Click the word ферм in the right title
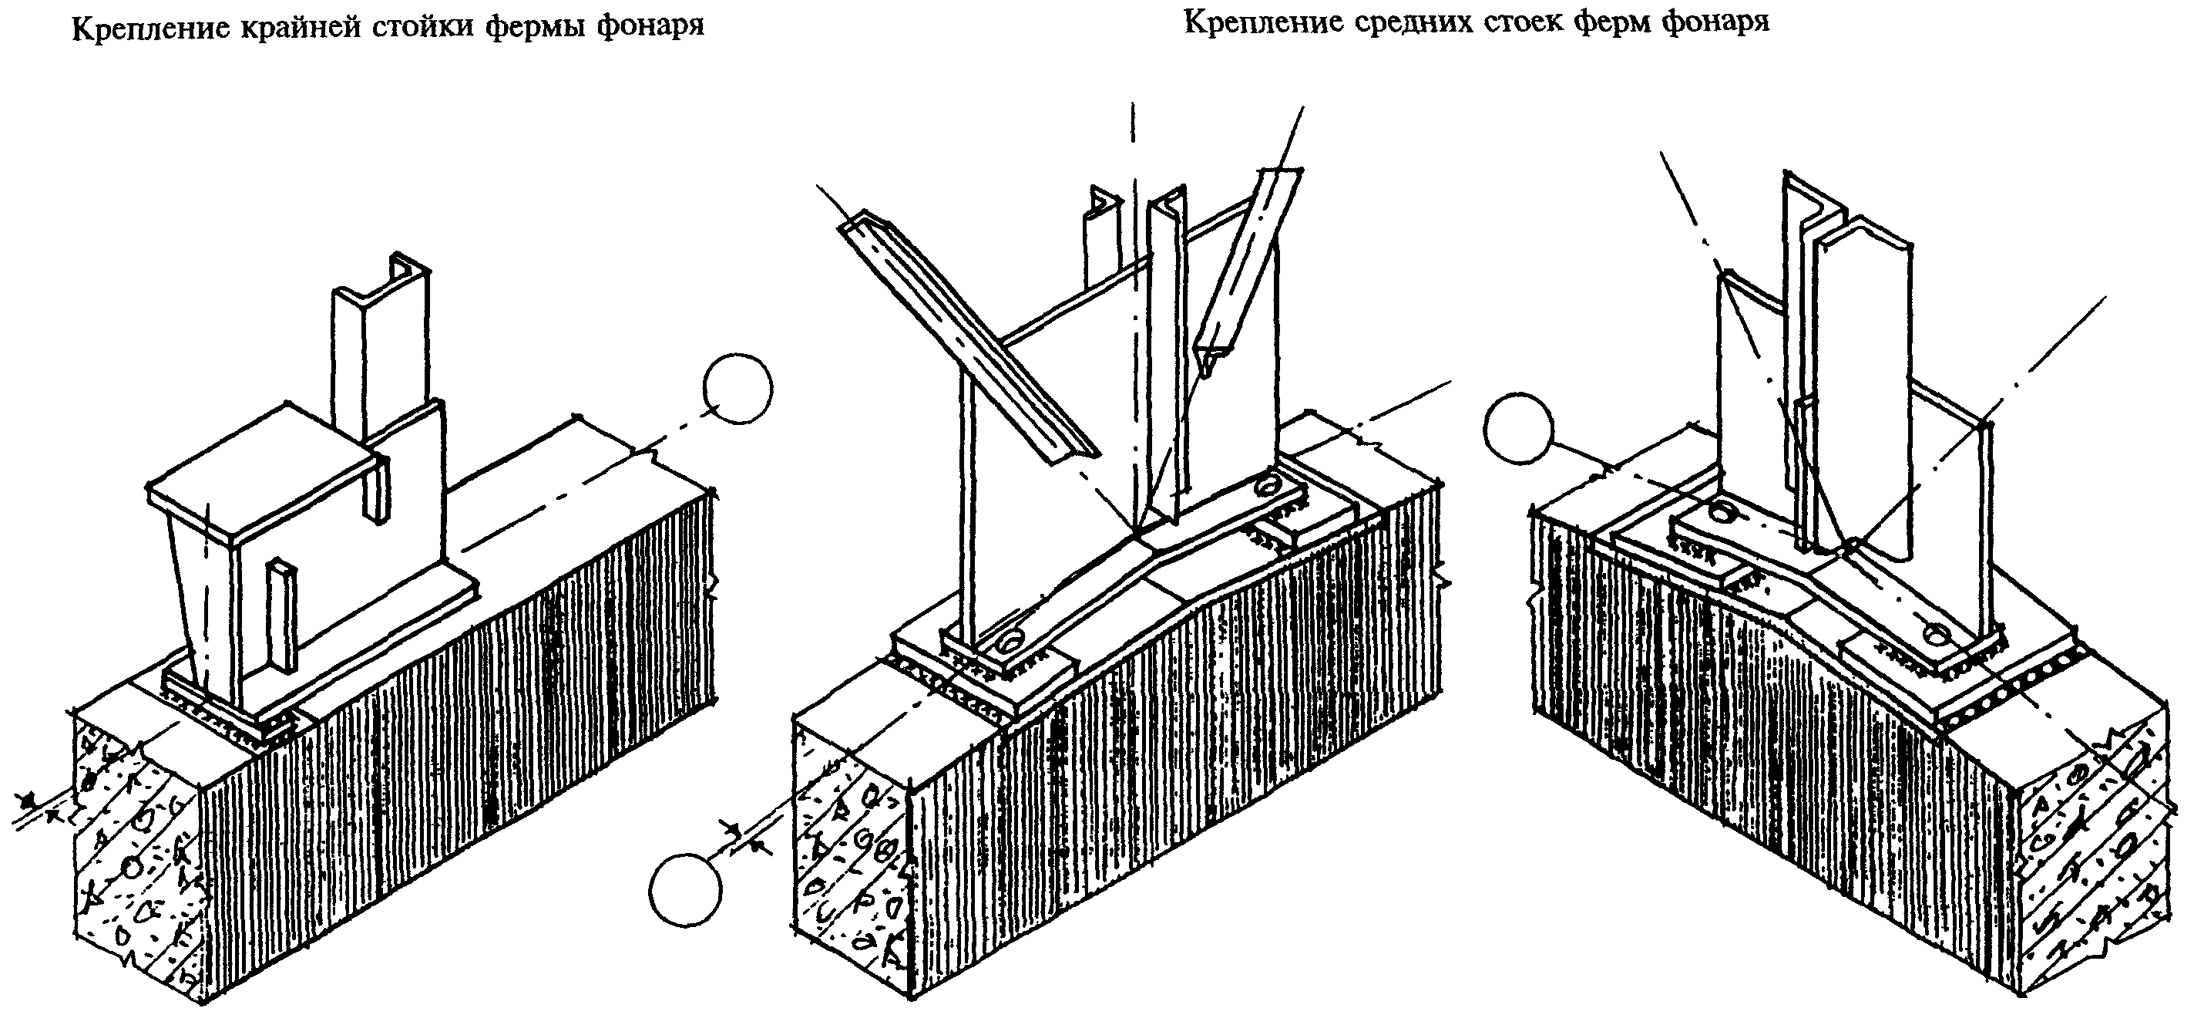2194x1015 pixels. point(1610,22)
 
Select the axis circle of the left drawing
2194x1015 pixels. point(738,389)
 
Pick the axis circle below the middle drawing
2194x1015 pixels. point(686,892)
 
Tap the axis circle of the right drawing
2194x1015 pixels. point(1517,429)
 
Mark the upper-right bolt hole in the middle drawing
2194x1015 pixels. point(1268,485)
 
